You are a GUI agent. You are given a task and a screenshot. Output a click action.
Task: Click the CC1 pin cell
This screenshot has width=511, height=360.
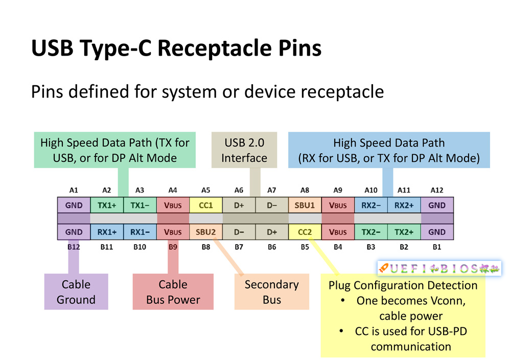point(206,205)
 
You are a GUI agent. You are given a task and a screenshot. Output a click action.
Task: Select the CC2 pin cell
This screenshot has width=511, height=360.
point(305,232)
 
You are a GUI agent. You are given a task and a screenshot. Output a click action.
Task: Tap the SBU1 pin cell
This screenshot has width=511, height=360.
point(305,205)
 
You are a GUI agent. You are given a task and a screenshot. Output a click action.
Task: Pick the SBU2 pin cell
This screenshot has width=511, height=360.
point(206,232)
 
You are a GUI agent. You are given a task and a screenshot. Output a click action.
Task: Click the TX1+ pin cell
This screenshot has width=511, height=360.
point(107,205)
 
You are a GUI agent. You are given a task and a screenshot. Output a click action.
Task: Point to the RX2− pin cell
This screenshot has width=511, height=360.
point(370,205)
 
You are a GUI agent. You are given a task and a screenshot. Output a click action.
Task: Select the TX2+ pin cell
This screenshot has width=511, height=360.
point(404,232)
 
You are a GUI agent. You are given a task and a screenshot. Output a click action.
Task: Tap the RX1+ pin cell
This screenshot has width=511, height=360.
point(107,232)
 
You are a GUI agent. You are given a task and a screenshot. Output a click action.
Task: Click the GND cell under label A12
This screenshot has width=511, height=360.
point(437,205)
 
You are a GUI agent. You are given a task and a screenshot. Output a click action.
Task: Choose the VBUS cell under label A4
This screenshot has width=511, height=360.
point(173,205)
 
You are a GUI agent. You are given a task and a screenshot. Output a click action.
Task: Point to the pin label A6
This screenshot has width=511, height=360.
point(239,190)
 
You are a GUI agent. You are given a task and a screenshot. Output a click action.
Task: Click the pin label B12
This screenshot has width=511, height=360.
point(74,247)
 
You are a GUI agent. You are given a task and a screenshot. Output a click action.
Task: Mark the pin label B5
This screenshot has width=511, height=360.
point(305,247)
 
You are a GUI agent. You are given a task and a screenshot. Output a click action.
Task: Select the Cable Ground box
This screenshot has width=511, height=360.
point(76,292)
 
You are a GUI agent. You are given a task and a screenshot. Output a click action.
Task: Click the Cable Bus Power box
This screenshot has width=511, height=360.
point(173,292)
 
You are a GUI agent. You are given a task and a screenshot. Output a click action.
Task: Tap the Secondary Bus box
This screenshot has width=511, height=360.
point(272,292)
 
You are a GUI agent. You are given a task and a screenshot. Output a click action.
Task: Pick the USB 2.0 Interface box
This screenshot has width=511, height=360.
point(244,150)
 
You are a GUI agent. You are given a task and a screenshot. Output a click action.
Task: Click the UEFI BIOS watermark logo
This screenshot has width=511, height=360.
point(439,269)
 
